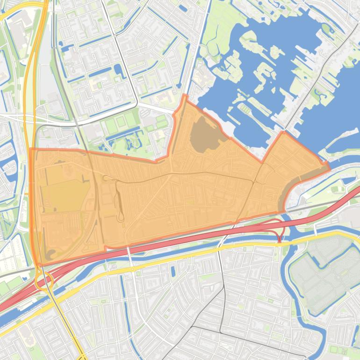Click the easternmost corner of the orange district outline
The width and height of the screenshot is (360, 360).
[x=329, y=166]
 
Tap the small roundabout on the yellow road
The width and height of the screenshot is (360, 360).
[x=133, y=269]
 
